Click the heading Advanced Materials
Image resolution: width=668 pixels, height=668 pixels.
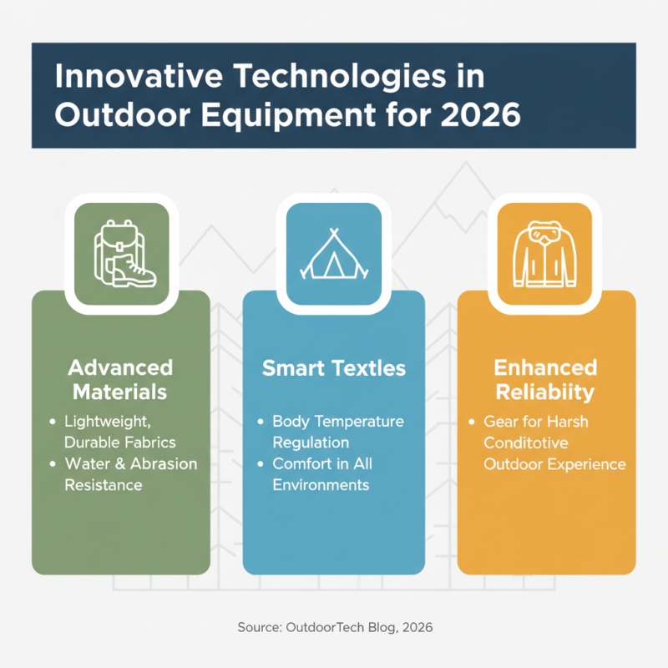(x=120, y=379)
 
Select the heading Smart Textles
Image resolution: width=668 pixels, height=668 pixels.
(x=334, y=368)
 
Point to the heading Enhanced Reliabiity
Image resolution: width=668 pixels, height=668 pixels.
(x=545, y=379)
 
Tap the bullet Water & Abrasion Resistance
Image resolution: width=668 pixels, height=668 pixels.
(x=129, y=473)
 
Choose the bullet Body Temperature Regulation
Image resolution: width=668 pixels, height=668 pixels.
(x=337, y=431)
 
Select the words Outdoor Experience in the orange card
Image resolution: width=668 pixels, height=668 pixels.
(x=554, y=463)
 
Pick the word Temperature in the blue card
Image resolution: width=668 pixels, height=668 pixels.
(x=368, y=422)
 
